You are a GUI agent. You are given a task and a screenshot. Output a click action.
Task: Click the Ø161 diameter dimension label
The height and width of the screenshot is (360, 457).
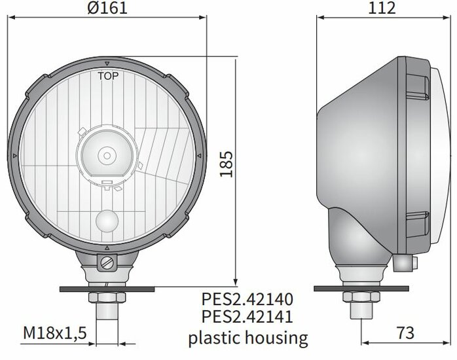tap(107, 8)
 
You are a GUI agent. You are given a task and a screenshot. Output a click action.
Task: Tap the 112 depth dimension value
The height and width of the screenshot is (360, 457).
tap(382, 8)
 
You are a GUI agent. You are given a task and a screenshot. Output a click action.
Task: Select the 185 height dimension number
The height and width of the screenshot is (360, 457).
tap(227, 164)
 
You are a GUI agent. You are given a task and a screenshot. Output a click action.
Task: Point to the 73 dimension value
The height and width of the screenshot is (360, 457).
tap(405, 333)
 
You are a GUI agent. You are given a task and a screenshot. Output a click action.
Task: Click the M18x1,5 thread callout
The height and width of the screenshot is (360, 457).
tap(55, 333)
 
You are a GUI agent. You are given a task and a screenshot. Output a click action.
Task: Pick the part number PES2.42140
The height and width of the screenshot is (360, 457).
tap(247, 299)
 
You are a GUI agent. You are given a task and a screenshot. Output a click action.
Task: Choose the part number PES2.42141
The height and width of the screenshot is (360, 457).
tap(247, 317)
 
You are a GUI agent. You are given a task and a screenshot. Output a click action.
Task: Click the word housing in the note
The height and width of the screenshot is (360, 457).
tap(276, 338)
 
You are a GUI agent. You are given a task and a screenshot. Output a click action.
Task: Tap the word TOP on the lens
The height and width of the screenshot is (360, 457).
tap(108, 76)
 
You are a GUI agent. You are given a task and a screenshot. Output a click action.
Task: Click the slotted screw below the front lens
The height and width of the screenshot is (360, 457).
tap(107, 262)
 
